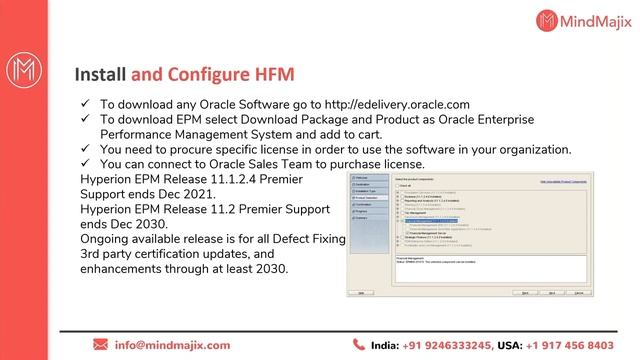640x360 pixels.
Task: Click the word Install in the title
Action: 101,74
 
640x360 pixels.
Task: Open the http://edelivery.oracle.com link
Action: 388,104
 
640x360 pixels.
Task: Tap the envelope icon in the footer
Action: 100,344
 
